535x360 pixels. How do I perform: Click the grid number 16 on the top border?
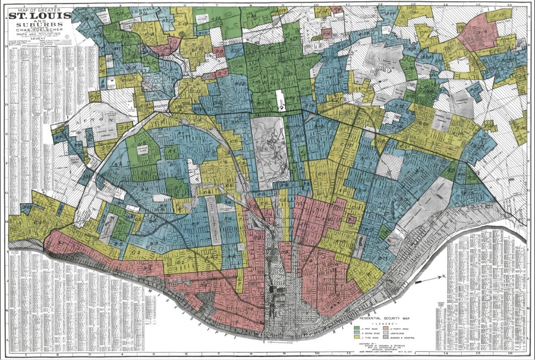pos(509,4)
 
